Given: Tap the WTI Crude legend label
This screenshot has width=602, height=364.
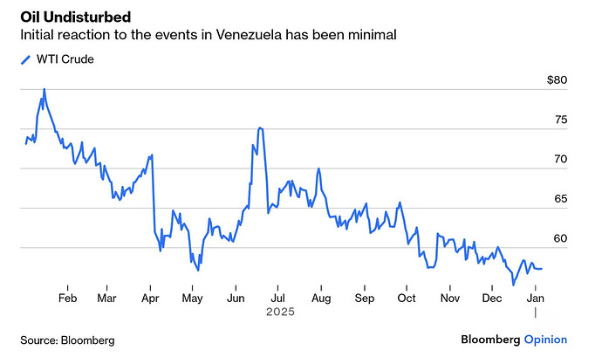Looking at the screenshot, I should (64, 59).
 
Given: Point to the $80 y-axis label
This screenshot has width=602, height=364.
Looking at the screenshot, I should (557, 80).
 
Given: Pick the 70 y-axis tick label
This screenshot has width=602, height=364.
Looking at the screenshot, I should (560, 159).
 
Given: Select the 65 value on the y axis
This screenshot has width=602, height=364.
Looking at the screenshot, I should (560, 199).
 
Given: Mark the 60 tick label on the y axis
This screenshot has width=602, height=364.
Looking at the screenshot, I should (560, 238).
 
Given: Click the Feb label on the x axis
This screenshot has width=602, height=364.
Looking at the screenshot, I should (67, 298).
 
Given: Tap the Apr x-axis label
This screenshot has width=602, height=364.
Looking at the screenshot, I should (151, 298).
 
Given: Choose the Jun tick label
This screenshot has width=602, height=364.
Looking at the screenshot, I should (235, 298).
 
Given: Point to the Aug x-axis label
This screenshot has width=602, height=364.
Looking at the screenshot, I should (321, 298).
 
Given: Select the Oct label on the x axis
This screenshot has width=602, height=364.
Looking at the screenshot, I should (407, 298).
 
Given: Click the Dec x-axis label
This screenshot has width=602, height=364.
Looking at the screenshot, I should (491, 298).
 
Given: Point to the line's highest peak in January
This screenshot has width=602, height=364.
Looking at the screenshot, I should (44, 89).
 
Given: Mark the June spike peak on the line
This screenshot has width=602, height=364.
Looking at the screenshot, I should (260, 128).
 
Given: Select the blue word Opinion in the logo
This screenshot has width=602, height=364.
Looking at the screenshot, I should (545, 340).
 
